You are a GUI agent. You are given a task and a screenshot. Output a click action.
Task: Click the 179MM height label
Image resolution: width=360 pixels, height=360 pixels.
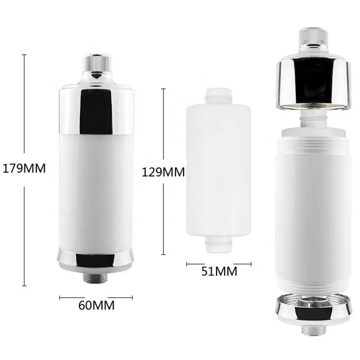23,168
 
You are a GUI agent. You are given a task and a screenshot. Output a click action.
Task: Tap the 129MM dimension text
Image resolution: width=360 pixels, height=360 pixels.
163,173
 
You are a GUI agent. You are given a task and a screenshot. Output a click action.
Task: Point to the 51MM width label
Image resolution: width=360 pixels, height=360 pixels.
219,272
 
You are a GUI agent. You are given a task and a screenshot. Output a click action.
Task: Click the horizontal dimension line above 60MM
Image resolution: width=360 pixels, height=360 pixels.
96,297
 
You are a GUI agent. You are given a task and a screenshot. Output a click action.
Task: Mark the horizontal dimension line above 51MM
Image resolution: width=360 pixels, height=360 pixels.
219,264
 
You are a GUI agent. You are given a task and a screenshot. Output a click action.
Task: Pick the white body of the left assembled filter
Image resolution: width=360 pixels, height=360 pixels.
96,184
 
